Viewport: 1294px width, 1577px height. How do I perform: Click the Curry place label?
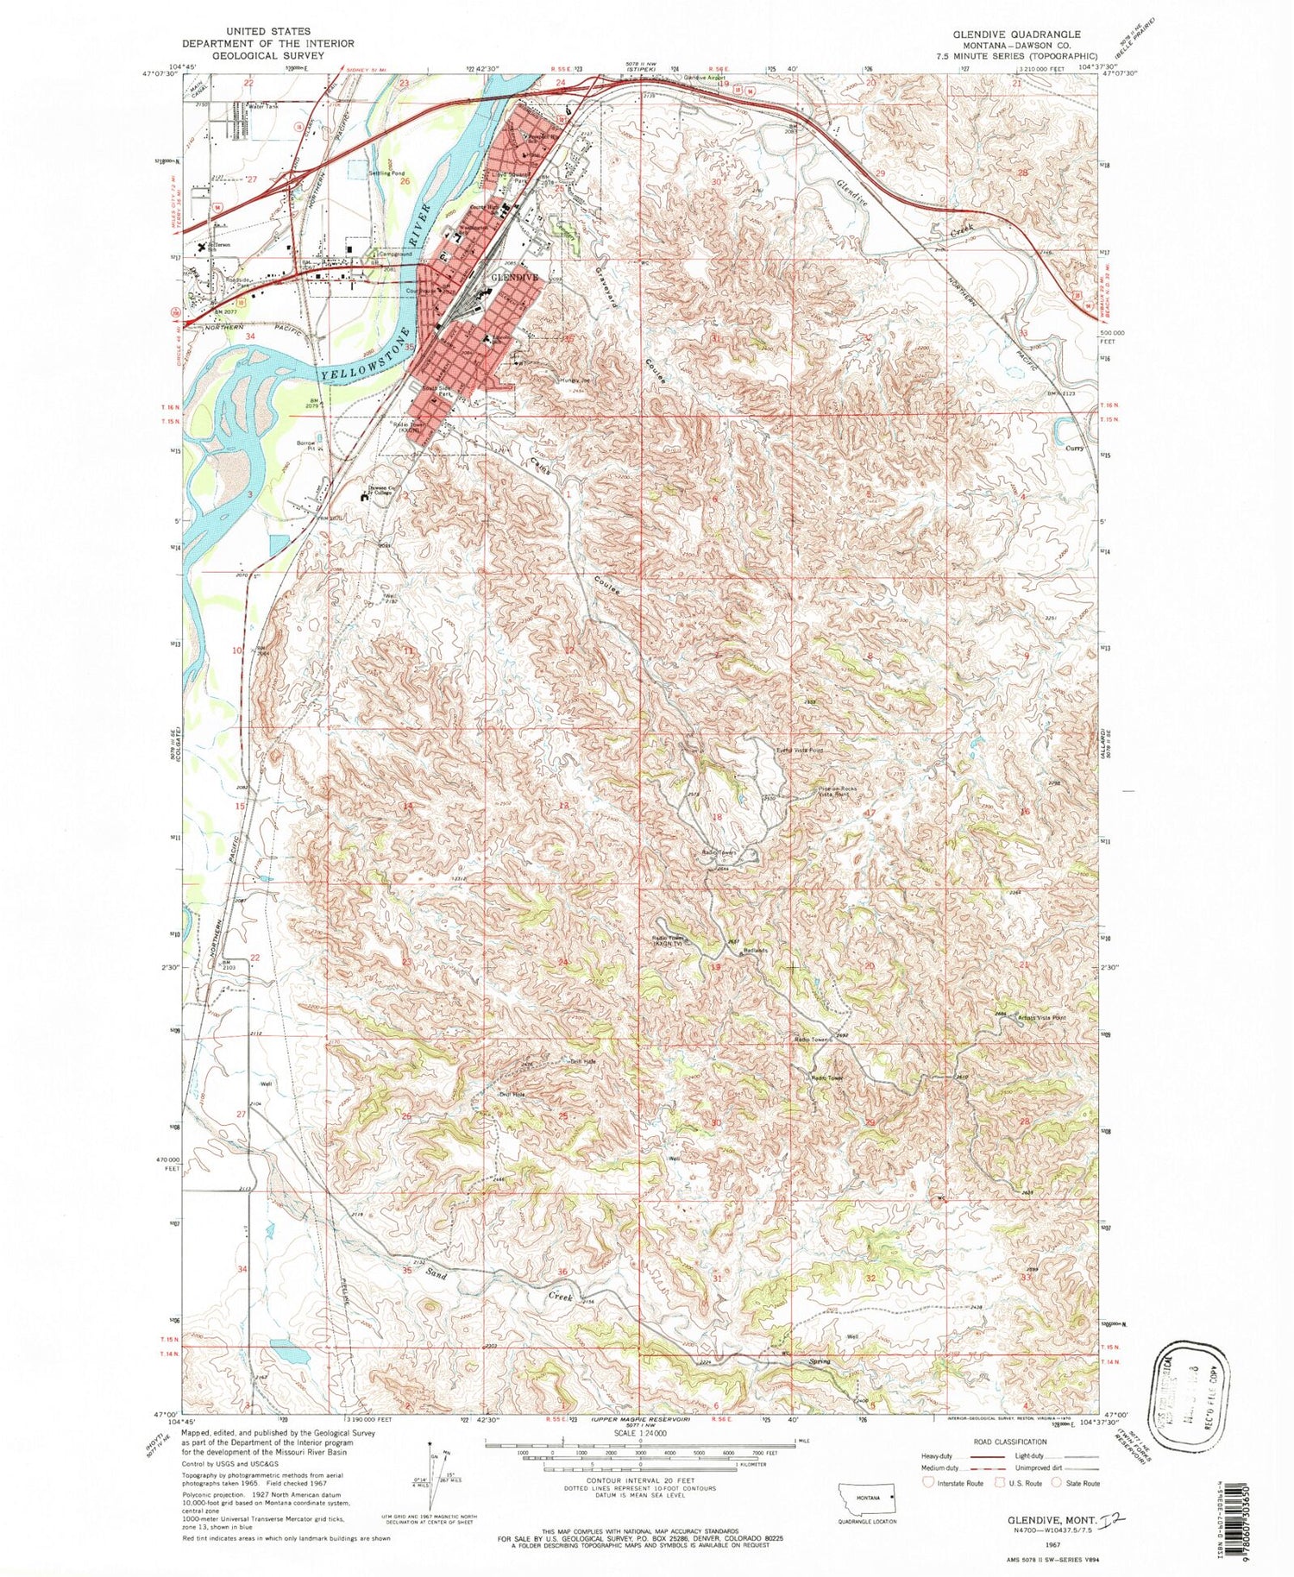click(1074, 448)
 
